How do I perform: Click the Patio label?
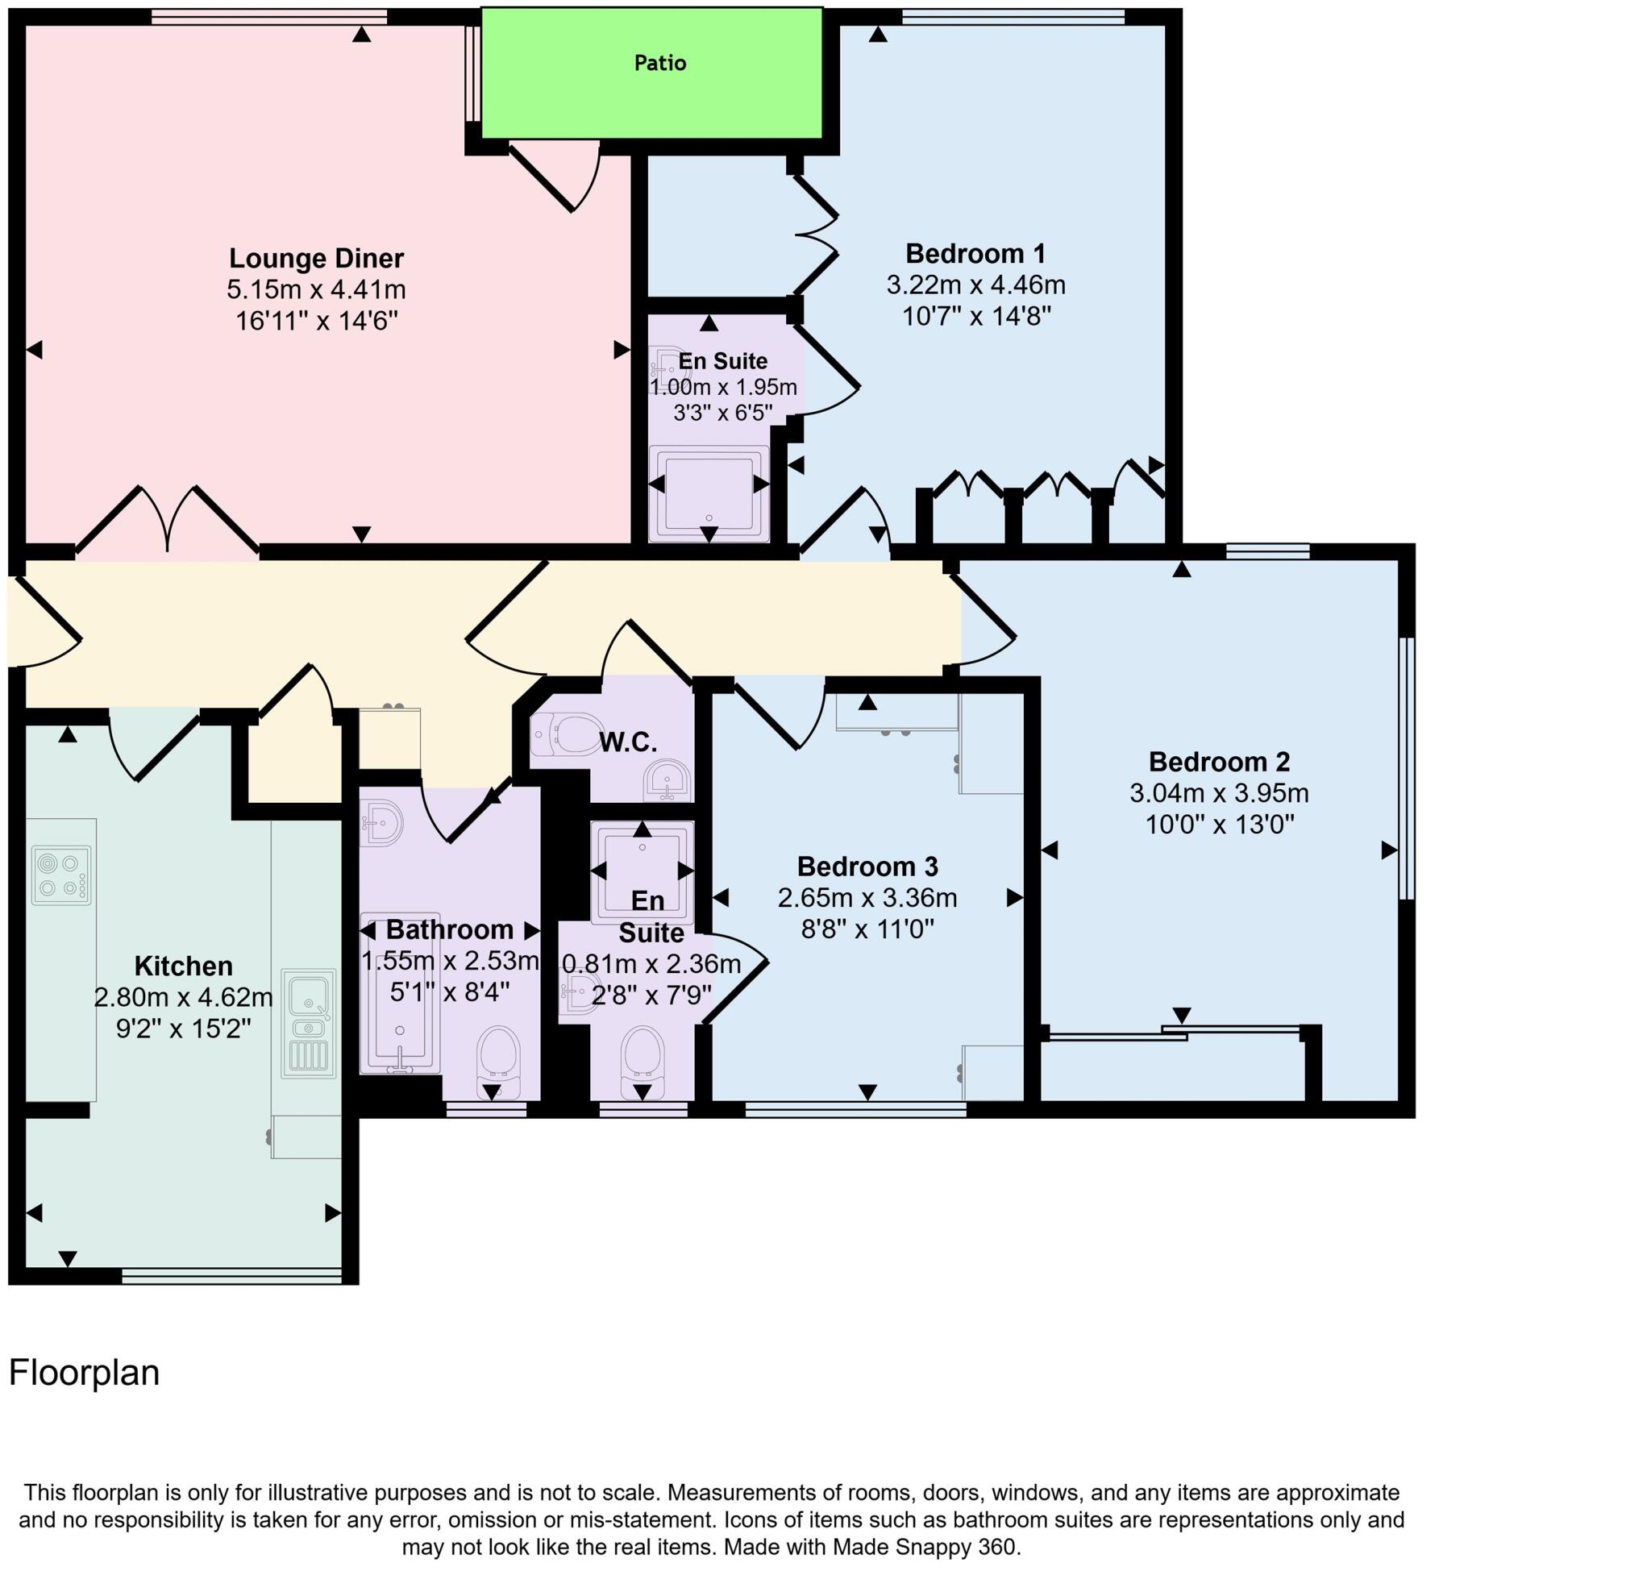(x=659, y=63)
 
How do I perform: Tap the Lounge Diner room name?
(x=316, y=258)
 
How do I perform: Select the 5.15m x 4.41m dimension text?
(x=316, y=289)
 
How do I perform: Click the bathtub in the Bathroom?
(x=400, y=994)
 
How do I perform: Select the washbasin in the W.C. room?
(x=668, y=779)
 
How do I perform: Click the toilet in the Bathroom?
(x=498, y=1063)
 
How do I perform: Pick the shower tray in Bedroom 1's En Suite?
(x=709, y=494)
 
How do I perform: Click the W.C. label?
(x=627, y=742)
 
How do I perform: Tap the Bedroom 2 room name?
(x=1219, y=762)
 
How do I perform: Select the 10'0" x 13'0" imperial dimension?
(x=1219, y=824)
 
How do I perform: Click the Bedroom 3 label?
(x=867, y=866)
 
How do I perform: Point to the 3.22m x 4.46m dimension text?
(x=975, y=285)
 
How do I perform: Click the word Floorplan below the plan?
(x=84, y=1373)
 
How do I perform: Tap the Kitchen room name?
(x=184, y=965)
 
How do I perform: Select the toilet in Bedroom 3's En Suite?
(x=643, y=1063)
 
